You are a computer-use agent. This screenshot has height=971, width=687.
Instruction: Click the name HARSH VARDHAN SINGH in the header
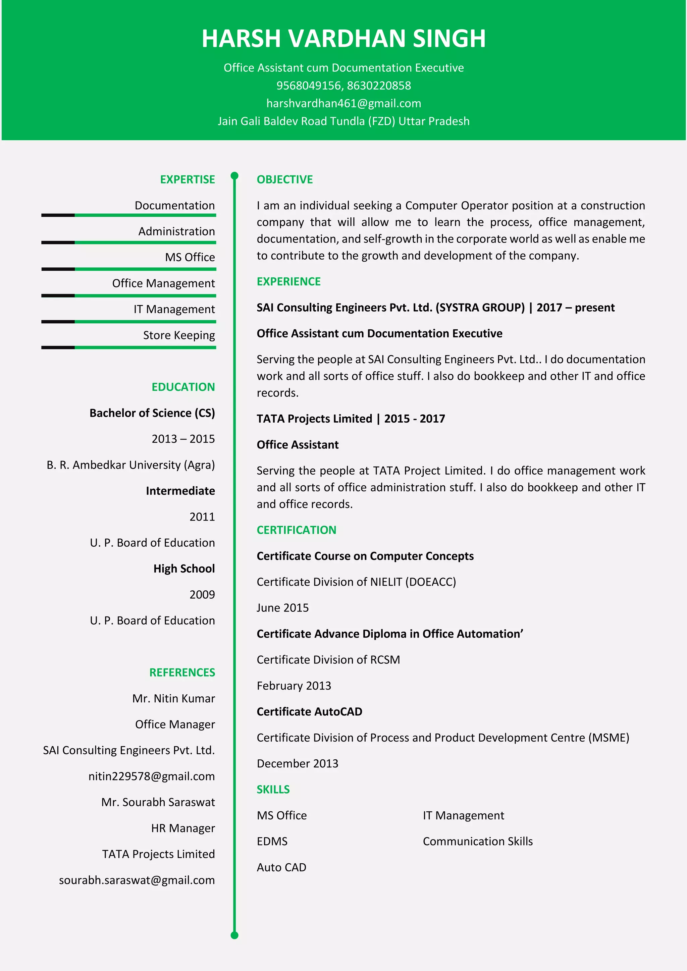pyautogui.click(x=343, y=39)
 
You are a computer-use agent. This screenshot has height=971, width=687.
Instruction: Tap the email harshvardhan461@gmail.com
pyautogui.click(x=343, y=103)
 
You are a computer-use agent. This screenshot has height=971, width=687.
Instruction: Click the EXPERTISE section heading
pyautogui.click(x=188, y=179)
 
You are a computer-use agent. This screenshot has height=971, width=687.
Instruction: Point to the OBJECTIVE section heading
pyautogui.click(x=285, y=179)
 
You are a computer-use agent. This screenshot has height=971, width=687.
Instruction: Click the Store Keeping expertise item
pyautogui.click(x=179, y=335)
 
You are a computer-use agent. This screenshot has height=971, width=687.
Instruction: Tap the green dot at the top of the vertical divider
pyautogui.click(x=234, y=175)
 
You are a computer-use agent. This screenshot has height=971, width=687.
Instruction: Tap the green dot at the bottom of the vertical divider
pyautogui.click(x=234, y=935)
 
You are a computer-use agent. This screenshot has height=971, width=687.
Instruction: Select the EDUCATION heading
pyautogui.click(x=183, y=386)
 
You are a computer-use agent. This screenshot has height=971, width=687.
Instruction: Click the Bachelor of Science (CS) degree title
pyautogui.click(x=152, y=413)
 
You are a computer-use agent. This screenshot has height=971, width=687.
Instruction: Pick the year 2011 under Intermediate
pyautogui.click(x=202, y=517)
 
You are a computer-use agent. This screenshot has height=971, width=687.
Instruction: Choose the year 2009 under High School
pyautogui.click(x=202, y=594)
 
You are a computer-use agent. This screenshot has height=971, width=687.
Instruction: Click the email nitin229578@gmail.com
pyautogui.click(x=151, y=776)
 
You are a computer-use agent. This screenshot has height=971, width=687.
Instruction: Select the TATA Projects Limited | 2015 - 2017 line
pyautogui.click(x=351, y=418)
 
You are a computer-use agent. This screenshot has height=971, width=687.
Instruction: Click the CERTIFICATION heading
pyautogui.click(x=297, y=530)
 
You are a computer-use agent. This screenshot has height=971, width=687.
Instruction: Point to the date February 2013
pyautogui.click(x=294, y=685)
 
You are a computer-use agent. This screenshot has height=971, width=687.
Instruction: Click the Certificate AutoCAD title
pyautogui.click(x=309, y=711)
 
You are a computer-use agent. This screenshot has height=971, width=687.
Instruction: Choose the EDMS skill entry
pyautogui.click(x=272, y=841)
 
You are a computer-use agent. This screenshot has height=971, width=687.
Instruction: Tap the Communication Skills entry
pyautogui.click(x=478, y=841)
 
